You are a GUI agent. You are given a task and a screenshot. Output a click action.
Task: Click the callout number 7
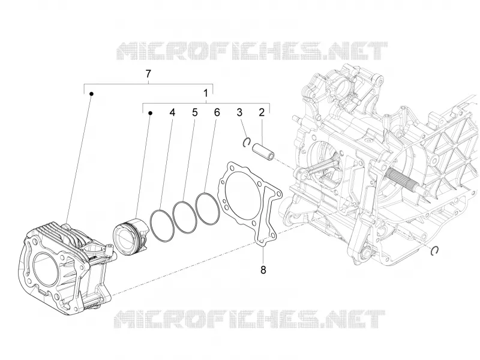[148, 74]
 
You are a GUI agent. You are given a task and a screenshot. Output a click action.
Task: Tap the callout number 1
[206, 93]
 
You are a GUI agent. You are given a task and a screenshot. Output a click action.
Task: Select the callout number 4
[172, 112]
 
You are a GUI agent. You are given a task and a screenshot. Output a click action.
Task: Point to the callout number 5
[195, 112]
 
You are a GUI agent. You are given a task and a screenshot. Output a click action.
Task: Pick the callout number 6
[217, 112]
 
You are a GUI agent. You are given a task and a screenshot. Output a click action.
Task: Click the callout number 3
[239, 112]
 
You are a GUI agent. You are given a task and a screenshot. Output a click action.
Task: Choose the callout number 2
[262, 112]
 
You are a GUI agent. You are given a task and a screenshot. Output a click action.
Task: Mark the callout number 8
[263, 269]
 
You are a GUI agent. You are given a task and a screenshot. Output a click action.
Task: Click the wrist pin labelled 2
[263, 151]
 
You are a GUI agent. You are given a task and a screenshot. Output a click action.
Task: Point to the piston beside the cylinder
[131, 236]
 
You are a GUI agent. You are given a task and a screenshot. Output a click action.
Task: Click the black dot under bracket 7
[91, 94]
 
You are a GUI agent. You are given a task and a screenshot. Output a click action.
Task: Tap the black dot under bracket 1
[151, 113]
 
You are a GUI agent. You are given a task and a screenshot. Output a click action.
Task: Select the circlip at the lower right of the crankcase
[430, 250]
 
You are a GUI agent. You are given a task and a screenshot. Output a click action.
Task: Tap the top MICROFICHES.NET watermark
[251, 50]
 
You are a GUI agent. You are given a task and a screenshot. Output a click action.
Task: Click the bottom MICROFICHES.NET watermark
[250, 319]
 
